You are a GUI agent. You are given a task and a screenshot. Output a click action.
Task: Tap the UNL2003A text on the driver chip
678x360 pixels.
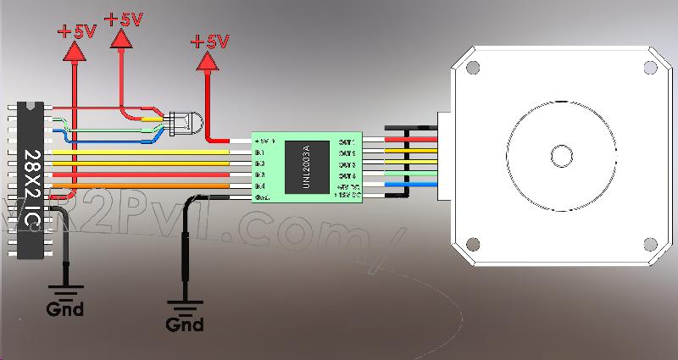click(x=307, y=166)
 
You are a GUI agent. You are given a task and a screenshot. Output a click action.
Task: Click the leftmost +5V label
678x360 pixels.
click(x=77, y=32)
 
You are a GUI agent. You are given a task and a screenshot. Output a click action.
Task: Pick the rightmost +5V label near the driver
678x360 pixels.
click(x=209, y=41)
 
